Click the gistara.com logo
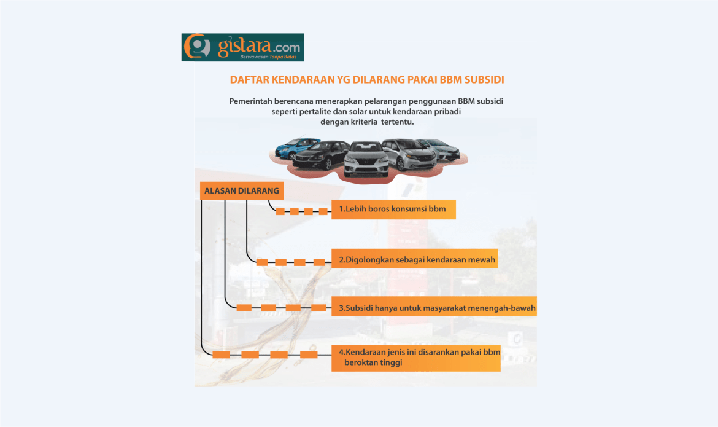(x=242, y=47)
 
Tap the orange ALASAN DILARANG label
(x=241, y=191)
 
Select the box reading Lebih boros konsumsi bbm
(x=393, y=210)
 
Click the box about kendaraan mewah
(x=414, y=260)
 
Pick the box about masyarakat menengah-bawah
(x=434, y=307)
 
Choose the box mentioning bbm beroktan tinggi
(x=415, y=358)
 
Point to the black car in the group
(x=320, y=155)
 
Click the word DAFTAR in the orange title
(x=248, y=80)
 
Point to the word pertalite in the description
(x=318, y=111)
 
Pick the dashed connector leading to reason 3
(x=281, y=307)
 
